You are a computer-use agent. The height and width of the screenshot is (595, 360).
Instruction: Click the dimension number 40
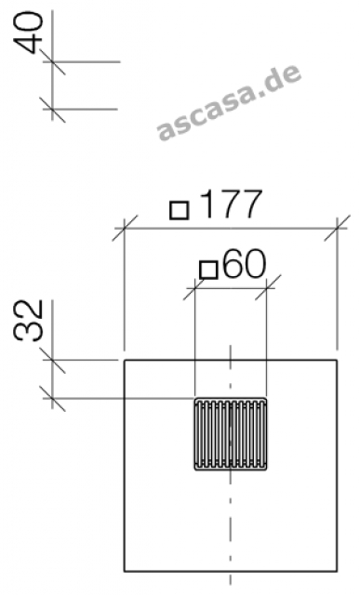(x=28, y=33)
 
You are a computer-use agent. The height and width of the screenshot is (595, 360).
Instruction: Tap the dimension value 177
(x=231, y=205)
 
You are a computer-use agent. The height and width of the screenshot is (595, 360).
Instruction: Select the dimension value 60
(x=244, y=263)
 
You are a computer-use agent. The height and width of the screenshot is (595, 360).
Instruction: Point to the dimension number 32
(x=28, y=321)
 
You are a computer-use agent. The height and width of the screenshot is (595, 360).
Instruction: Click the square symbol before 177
(x=179, y=210)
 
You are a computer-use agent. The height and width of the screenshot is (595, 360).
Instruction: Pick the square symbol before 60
(x=208, y=270)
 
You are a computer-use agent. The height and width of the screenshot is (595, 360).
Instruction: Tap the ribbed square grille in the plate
(x=231, y=434)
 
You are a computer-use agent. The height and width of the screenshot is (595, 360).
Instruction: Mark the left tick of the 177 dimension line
(x=125, y=229)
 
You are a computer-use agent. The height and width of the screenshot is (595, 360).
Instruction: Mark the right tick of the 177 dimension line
(x=337, y=229)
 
